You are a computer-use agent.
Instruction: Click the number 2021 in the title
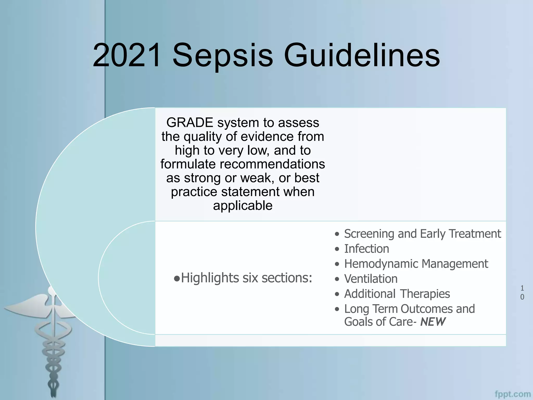pos(127,55)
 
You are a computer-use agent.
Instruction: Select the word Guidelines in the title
pos(361,55)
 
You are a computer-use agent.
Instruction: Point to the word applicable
pos(243,205)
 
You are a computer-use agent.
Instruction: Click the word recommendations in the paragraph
pos(272,164)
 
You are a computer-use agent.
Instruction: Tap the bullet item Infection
pos(366,249)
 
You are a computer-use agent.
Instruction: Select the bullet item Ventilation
pos(371,279)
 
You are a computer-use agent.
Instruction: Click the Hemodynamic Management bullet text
pos(416,264)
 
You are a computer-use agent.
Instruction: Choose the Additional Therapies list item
pos(397,294)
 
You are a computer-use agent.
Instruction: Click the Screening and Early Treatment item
pos(422,234)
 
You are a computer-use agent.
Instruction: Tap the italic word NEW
pos(433,322)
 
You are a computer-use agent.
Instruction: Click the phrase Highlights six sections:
pos(246,278)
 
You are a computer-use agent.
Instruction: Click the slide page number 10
pos(522,292)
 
